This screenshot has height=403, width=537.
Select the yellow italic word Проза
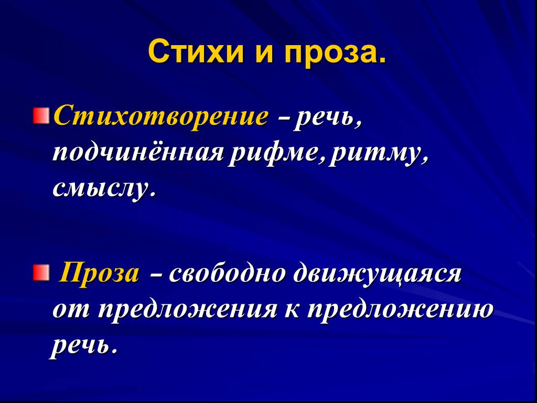click(99, 274)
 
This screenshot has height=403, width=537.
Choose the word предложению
click(399, 309)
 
